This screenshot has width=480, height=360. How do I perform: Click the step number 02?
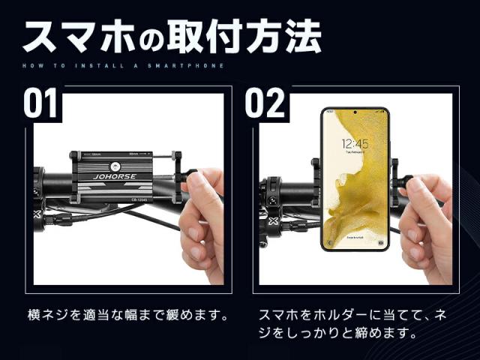pos(265,103)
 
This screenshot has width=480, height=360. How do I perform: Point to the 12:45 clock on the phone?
pos(355,144)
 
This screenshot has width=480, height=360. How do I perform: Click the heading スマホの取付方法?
pos(172,36)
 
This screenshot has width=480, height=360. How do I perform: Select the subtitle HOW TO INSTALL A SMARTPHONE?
pos(123,66)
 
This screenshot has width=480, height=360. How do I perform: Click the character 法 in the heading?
pos(303,35)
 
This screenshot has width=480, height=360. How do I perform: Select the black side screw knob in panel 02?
pos(405,181)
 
